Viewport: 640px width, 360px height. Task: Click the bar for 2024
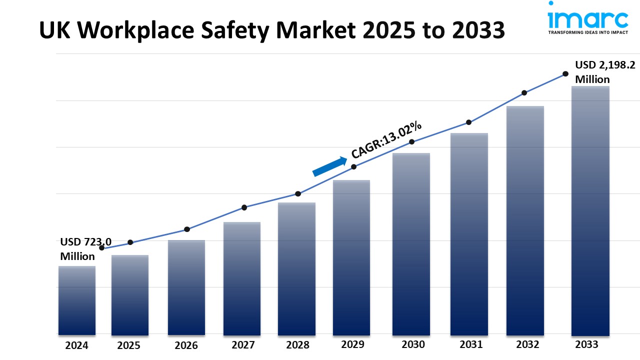click(77, 300)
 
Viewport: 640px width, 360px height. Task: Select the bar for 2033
click(590, 210)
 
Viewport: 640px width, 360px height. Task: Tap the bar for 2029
click(351, 257)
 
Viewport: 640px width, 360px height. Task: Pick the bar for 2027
click(242, 278)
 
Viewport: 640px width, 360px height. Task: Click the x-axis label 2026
click(186, 345)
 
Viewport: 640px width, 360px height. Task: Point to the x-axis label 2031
click(471, 344)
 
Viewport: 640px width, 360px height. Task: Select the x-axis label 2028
click(297, 345)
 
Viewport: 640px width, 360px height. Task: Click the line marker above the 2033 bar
click(565, 73)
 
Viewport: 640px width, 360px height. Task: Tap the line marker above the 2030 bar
click(412, 142)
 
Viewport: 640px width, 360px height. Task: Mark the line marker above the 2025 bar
click(130, 242)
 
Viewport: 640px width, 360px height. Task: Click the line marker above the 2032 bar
click(524, 93)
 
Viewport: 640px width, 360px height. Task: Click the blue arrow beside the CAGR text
click(330, 166)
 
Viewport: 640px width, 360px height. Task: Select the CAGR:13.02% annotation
click(386, 140)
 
